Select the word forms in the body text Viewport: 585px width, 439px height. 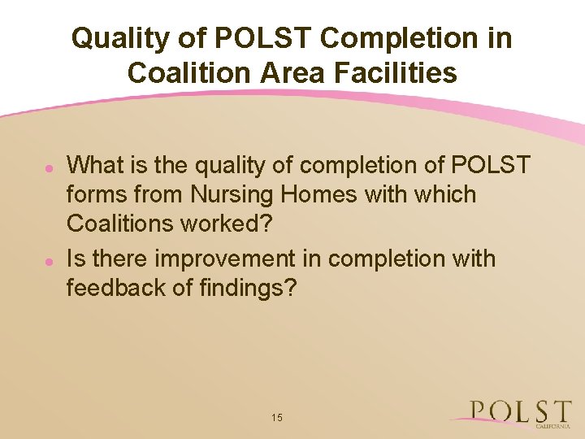pos(95,195)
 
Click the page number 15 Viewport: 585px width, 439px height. pos(277,417)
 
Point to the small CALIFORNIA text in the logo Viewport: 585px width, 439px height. pos(552,425)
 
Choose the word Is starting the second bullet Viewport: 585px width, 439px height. pos(76,259)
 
